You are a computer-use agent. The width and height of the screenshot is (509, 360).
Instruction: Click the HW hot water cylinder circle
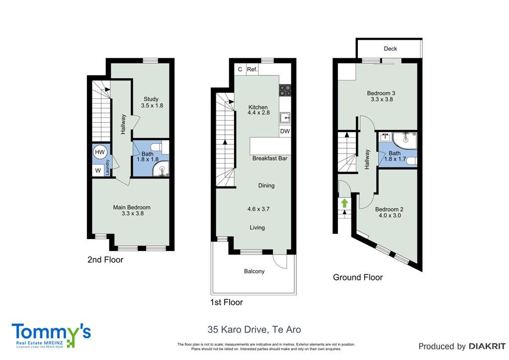pyautogui.click(x=100, y=152)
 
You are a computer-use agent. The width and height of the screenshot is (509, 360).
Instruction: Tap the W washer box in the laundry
pyautogui.click(x=98, y=171)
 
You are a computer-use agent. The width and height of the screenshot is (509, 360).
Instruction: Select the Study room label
pyautogui.click(x=151, y=99)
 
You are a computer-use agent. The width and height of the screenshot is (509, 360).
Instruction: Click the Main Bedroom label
pyautogui.click(x=132, y=207)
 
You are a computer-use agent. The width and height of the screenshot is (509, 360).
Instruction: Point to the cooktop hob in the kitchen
pyautogui.click(x=285, y=90)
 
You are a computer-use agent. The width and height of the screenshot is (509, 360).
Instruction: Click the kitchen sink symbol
pyautogui.click(x=285, y=118)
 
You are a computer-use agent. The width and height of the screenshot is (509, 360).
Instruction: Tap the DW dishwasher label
pyautogui.click(x=285, y=131)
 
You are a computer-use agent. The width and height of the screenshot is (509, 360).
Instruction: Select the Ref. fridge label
pyautogui.click(x=252, y=69)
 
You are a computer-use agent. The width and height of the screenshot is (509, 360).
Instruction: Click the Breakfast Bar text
pyautogui.click(x=270, y=159)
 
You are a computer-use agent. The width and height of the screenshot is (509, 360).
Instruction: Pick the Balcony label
pyautogui.click(x=254, y=271)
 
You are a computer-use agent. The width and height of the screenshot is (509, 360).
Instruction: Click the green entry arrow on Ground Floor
pyautogui.click(x=344, y=203)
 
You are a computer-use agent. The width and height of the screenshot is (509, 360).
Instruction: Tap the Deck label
pyautogui.click(x=390, y=48)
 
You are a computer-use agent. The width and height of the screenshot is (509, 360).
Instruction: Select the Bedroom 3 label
pyautogui.click(x=381, y=93)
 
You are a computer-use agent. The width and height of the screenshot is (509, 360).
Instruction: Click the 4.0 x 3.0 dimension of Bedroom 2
pyautogui.click(x=390, y=215)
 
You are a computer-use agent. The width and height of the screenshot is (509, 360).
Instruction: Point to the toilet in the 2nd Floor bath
pyautogui.click(x=161, y=147)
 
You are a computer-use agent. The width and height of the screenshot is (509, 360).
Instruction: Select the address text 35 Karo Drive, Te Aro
pyautogui.click(x=254, y=330)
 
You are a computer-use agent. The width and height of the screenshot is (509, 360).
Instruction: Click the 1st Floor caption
pyautogui.click(x=227, y=302)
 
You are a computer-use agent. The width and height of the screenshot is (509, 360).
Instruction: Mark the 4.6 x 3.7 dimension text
pyautogui.click(x=258, y=209)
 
